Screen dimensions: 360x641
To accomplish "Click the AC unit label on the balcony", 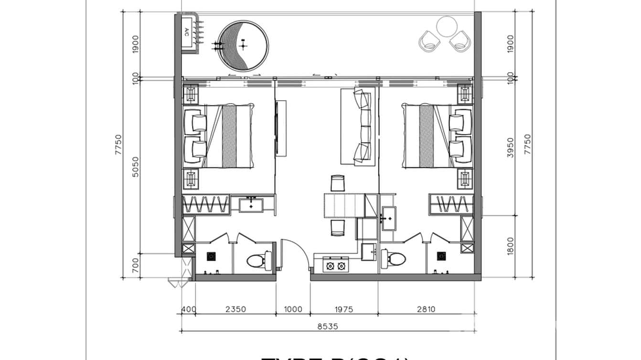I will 187,32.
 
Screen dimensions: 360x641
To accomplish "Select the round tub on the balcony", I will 243,45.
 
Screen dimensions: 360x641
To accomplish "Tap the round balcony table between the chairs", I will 448,27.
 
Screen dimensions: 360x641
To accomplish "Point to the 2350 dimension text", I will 235,309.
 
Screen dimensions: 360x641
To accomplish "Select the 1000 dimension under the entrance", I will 293,309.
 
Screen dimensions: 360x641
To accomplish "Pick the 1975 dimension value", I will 343,309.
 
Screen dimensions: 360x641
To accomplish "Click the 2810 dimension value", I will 426,309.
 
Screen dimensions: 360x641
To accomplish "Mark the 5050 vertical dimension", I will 136,167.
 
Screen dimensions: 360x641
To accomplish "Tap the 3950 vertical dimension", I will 510,148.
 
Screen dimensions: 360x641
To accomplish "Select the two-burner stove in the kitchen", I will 336,265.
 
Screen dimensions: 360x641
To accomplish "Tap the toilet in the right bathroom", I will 393,259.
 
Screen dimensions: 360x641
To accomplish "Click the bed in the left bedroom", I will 224,136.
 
